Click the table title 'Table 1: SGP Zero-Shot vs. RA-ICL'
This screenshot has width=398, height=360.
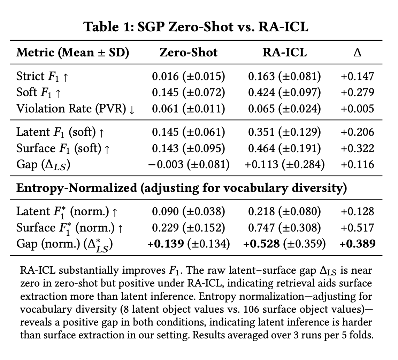[x=196, y=27]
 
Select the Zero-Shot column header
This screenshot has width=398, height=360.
[x=188, y=53]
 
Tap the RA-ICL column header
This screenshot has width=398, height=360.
[x=284, y=53]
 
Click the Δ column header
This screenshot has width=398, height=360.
[x=357, y=53]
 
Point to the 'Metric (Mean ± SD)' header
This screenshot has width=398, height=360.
[x=73, y=53]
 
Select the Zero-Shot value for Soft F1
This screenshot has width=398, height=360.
[x=188, y=92]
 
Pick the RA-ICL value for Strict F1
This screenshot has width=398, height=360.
[x=284, y=76]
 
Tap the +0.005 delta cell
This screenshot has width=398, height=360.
[x=357, y=108]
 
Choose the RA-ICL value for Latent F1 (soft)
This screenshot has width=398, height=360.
[x=284, y=132]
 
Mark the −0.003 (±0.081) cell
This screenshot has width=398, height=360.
[x=188, y=164]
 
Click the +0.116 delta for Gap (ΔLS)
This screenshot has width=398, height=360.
[x=357, y=164]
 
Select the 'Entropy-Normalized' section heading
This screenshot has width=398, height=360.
[x=76, y=188]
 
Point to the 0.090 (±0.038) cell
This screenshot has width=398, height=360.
[x=188, y=211]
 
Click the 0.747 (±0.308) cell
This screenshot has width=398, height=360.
[x=284, y=228]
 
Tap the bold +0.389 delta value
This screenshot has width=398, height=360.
[x=357, y=244]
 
